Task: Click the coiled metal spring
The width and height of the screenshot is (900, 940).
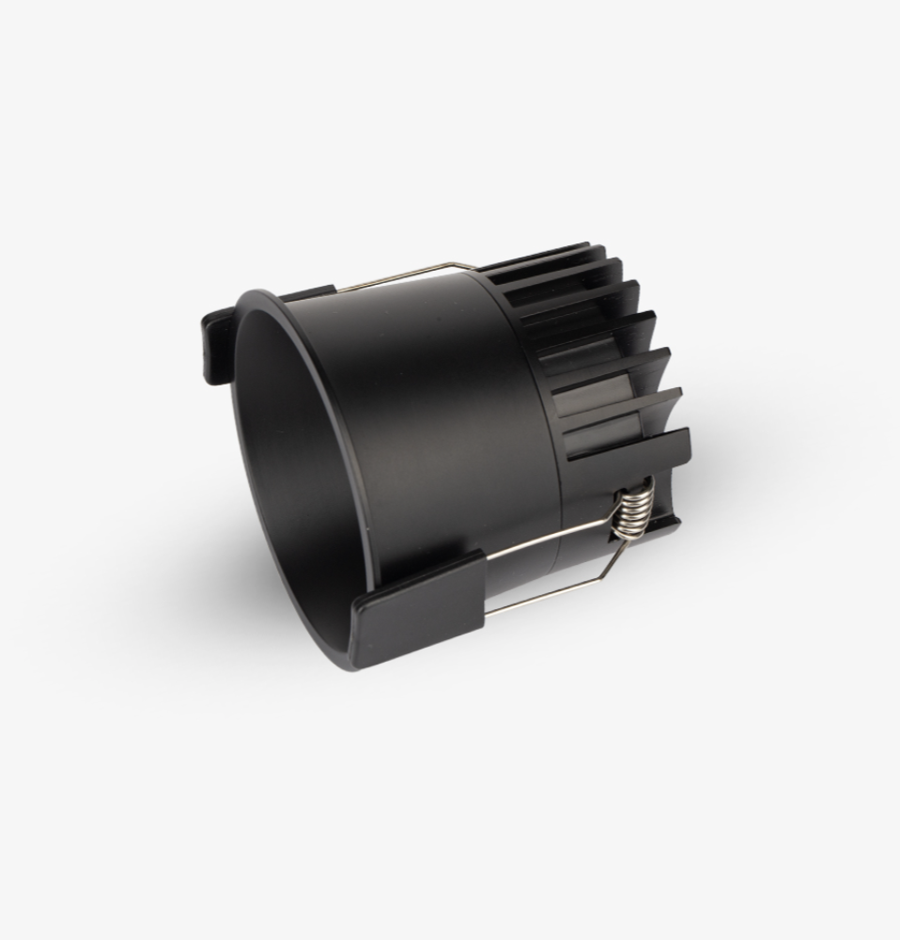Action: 631,511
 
